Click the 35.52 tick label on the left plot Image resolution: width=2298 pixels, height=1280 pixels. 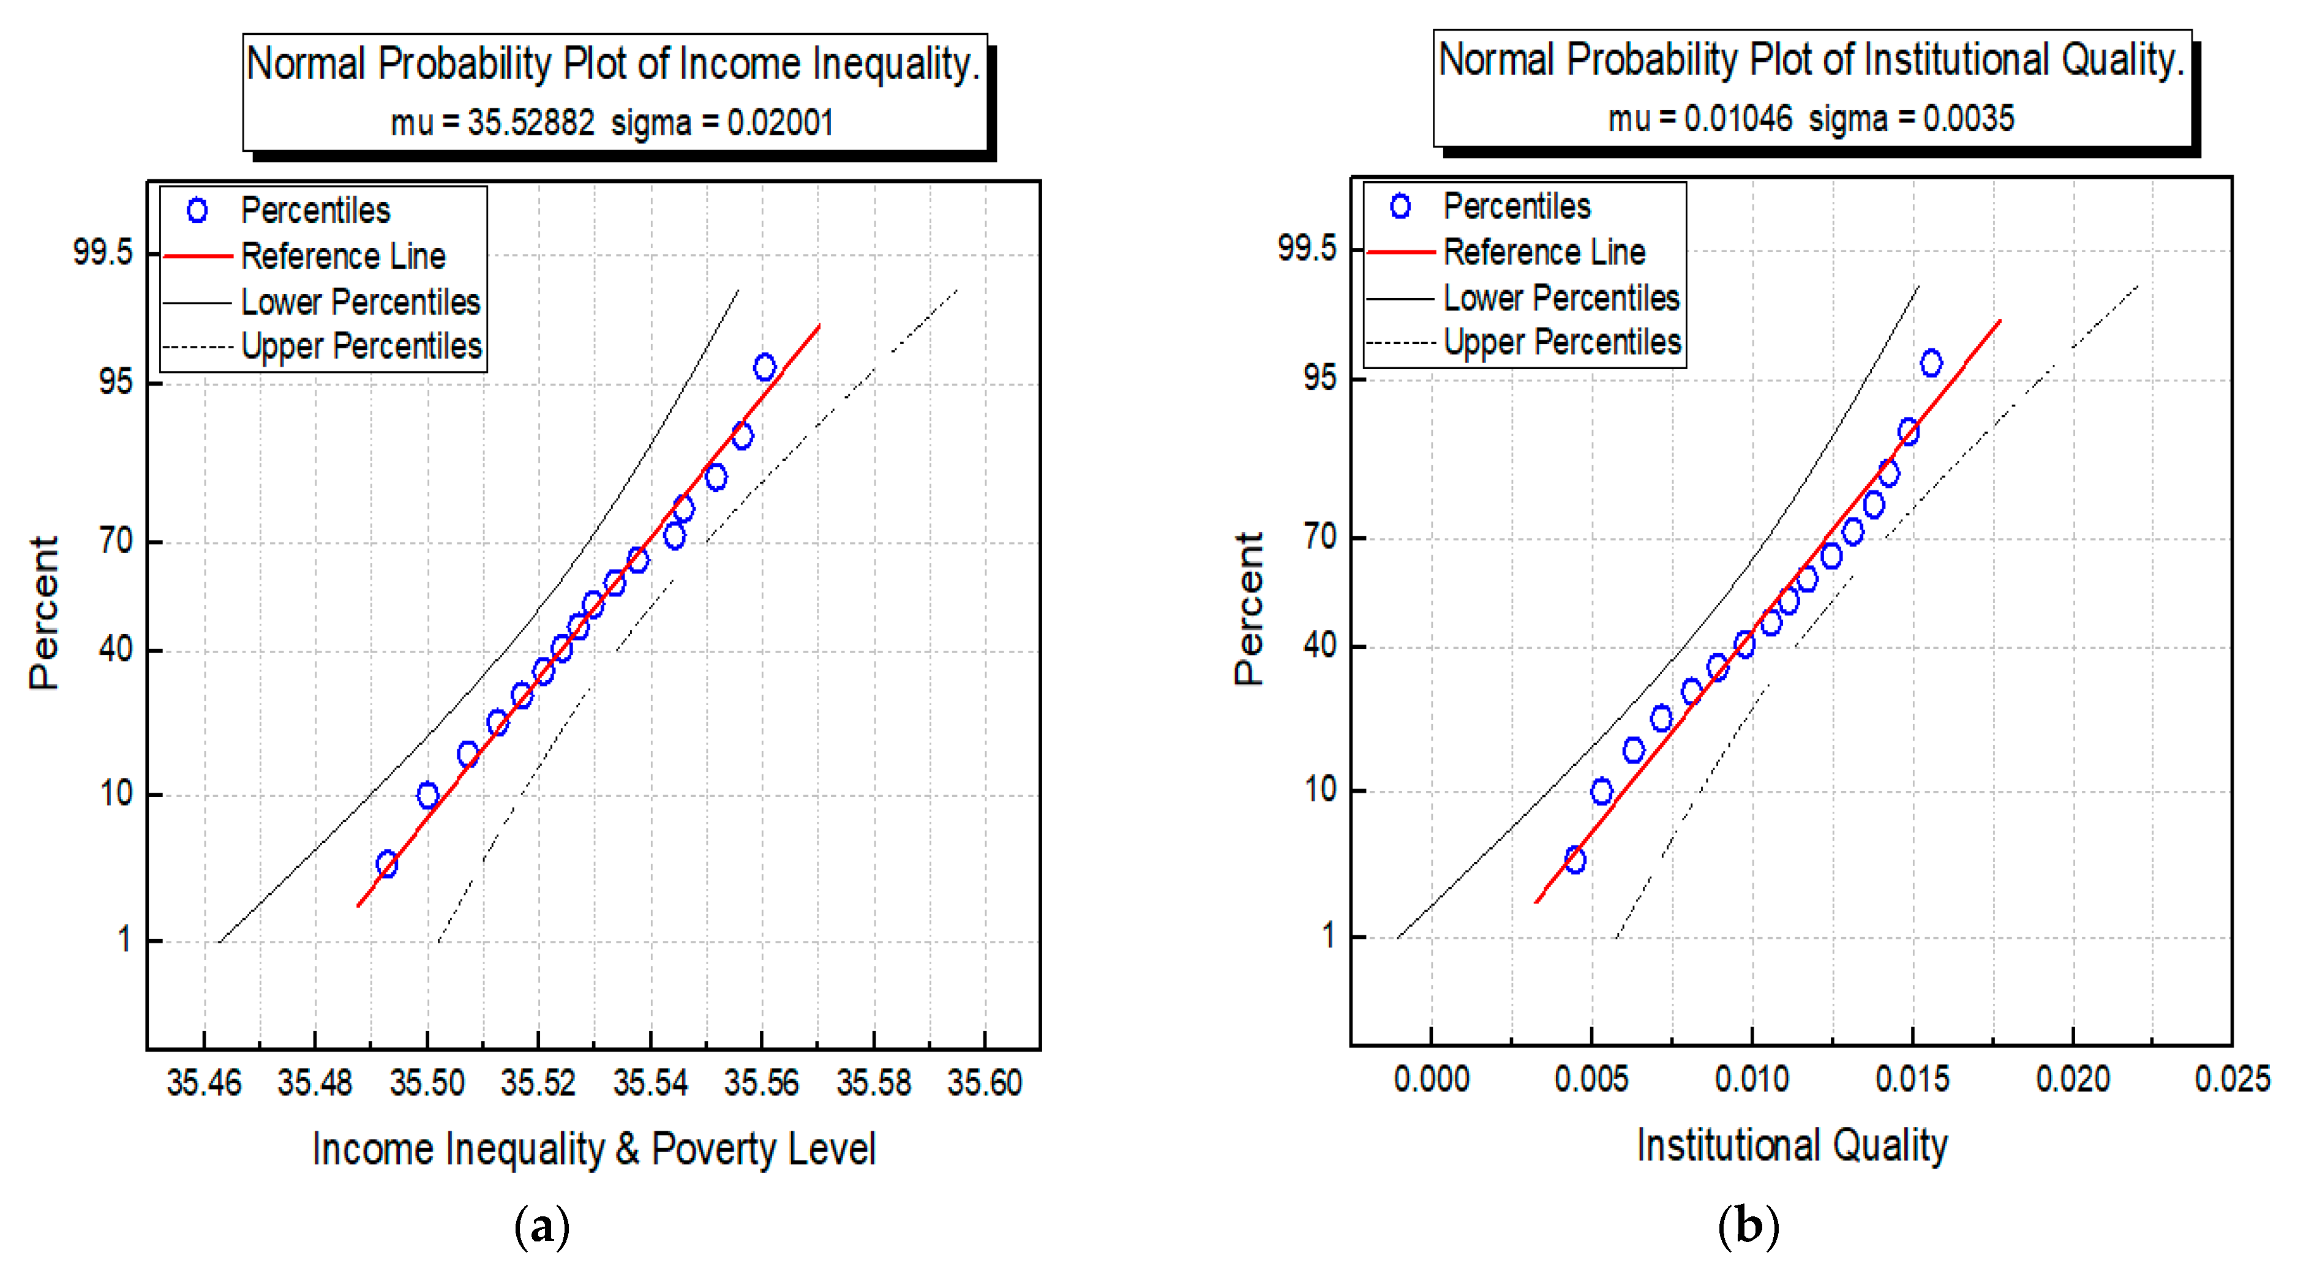pos(538,1083)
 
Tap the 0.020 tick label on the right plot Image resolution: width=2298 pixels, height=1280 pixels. pos(2071,1079)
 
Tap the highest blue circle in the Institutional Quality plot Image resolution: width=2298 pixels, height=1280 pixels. pos(1931,363)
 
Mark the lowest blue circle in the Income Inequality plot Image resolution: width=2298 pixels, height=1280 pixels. pos(386,864)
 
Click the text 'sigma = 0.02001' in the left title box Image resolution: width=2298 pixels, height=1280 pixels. pos(722,122)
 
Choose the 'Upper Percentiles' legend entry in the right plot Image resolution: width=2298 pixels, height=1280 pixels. pos(1561,343)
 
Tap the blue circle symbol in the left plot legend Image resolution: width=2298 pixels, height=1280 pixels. pos(197,211)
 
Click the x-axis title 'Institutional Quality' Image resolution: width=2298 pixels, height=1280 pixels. pos(1790,1145)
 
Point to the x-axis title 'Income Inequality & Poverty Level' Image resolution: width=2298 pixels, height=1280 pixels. pos(593,1149)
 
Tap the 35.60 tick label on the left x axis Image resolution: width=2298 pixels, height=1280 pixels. pos(984,1083)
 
